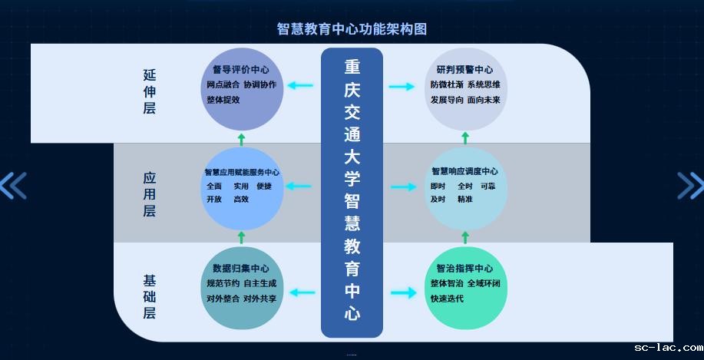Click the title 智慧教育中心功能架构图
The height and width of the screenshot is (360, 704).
[352, 29]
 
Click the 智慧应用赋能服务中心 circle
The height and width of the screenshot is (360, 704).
[241, 187]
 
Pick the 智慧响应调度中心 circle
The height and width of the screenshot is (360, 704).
[465, 187]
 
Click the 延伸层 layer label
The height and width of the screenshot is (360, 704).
[149, 91]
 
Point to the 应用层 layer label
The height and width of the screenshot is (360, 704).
[149, 193]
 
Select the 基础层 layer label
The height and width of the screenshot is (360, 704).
[149, 296]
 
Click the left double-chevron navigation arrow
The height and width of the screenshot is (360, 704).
[13, 185]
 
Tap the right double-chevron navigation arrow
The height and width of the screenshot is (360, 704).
[690, 185]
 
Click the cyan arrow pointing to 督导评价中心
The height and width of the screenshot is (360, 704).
[300, 85]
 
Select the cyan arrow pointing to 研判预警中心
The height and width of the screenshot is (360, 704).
[402, 86]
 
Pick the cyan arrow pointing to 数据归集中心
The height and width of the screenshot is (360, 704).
[301, 292]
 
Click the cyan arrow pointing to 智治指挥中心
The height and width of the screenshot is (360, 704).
[402, 292]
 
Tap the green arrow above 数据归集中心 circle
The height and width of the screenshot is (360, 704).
[241, 237]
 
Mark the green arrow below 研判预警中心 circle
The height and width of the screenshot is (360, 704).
[465, 137]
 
